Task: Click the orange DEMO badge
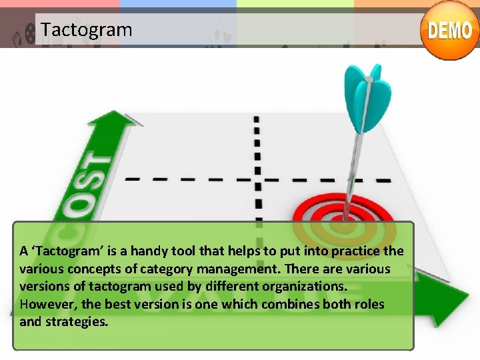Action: [450, 30]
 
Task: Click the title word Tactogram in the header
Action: [86, 30]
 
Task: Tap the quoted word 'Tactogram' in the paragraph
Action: [67, 251]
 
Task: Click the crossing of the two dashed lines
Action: [257, 179]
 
